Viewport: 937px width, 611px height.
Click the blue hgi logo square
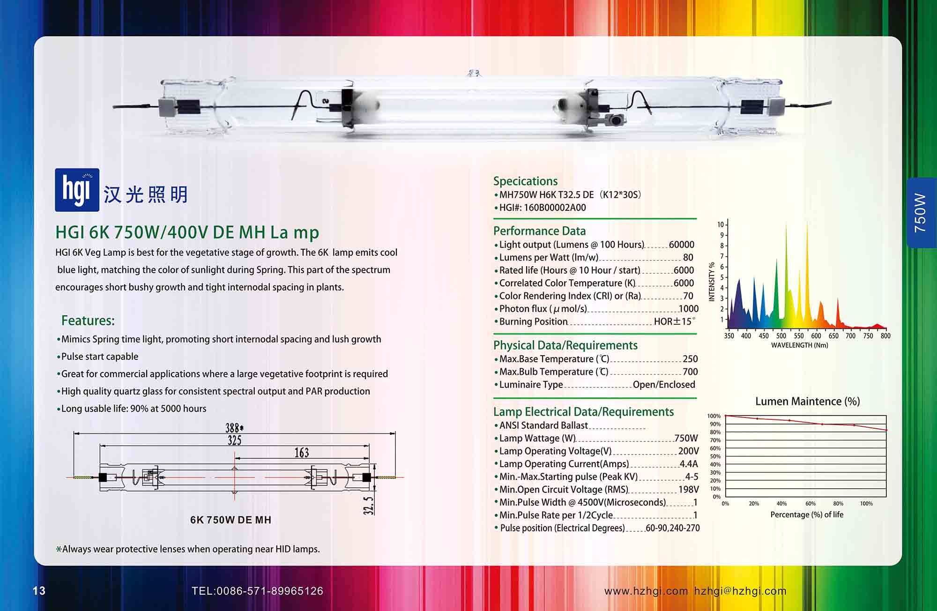point(77,190)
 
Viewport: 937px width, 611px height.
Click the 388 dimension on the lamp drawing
point(234,428)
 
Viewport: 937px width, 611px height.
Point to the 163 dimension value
point(302,453)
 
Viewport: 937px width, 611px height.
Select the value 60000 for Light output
point(682,245)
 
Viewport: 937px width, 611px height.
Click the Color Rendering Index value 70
point(688,296)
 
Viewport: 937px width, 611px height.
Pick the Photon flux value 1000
point(689,309)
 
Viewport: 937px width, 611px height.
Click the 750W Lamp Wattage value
point(686,438)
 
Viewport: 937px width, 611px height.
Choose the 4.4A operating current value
point(689,464)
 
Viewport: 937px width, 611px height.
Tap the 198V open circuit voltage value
point(689,490)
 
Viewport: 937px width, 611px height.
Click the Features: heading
point(88,320)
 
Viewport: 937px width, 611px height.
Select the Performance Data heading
point(540,231)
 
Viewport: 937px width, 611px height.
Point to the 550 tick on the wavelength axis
point(799,336)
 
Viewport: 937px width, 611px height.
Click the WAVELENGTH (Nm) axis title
point(800,345)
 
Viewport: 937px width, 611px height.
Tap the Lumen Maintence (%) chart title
point(808,402)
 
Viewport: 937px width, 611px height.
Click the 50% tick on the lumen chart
point(715,456)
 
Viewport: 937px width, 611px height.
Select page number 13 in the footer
point(39,591)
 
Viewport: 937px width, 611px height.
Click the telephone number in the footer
point(257,591)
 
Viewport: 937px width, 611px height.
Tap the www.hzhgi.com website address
point(646,591)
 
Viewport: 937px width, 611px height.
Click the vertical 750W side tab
point(921,213)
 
